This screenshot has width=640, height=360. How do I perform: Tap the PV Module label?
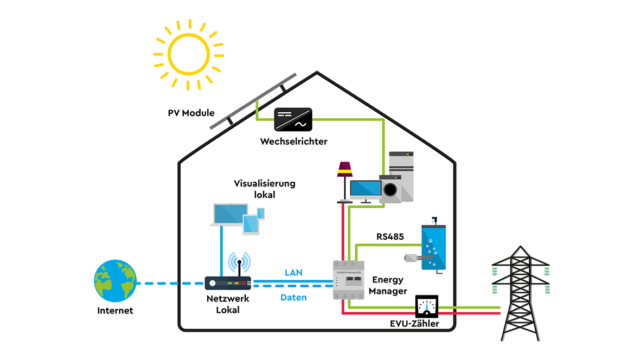point(191,113)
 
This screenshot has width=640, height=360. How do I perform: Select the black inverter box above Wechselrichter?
point(293,119)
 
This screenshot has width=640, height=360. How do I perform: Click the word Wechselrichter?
point(293,142)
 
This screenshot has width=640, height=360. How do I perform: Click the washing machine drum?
point(390,189)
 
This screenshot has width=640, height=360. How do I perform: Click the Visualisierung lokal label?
point(264,189)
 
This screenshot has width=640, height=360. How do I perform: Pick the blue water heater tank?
point(433,247)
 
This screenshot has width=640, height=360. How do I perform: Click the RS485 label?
point(390,236)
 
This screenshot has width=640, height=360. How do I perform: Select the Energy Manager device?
point(348,280)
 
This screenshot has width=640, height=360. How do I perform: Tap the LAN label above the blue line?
point(293,272)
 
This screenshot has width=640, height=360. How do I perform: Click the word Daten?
point(293,297)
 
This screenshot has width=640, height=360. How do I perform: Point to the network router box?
point(228,283)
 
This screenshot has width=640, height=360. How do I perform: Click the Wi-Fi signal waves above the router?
point(239,262)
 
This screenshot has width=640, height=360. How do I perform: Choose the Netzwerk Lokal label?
point(228,304)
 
